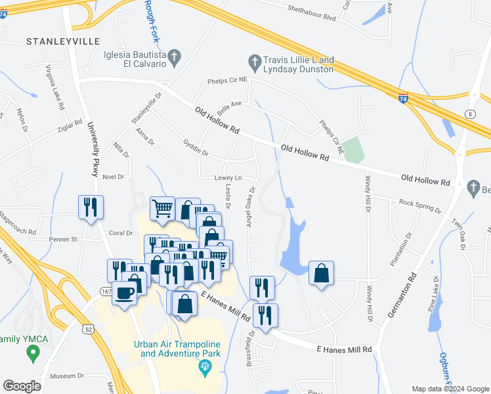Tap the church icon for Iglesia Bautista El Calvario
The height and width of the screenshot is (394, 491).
174,58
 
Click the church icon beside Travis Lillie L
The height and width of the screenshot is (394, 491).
255,63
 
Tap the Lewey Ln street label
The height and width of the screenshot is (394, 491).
228,178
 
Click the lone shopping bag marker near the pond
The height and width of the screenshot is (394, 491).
322,273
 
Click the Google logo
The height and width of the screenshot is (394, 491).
22,386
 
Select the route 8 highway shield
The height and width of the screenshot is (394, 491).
471,114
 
